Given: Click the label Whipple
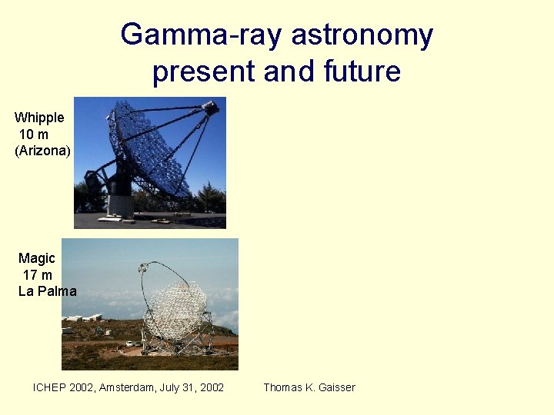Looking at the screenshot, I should click(x=39, y=118).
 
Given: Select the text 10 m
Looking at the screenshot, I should click(x=34, y=134).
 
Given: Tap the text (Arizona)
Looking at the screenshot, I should click(x=42, y=151).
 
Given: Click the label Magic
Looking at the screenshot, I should click(x=37, y=258).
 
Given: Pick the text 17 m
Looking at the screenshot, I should click(x=38, y=274).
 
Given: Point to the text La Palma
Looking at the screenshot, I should click(x=48, y=291).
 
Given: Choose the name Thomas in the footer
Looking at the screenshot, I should click(x=283, y=387).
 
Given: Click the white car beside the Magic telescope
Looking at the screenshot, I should click(x=129, y=343).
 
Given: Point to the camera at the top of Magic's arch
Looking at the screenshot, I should click(x=142, y=268).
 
